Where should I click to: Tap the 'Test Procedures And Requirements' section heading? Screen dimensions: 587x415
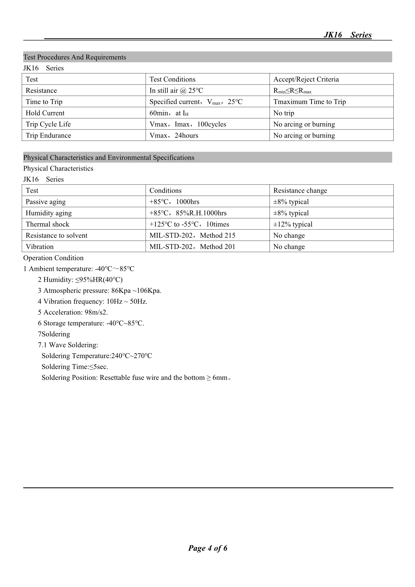tap(75, 57)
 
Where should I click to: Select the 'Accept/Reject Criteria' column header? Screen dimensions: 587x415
tap(306, 79)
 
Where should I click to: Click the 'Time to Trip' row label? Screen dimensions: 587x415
tap(44, 102)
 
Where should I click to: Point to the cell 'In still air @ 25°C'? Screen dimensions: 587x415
tap(176, 90)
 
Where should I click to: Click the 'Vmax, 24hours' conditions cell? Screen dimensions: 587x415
tap(174, 136)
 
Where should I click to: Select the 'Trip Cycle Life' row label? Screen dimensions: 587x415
tap(48, 124)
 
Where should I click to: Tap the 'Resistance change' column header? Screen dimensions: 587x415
tap(300, 191)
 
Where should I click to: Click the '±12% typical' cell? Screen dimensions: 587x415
tap(293, 224)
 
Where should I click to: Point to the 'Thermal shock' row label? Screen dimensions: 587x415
tap(47, 224)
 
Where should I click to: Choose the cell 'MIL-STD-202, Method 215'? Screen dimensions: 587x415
tap(192, 236)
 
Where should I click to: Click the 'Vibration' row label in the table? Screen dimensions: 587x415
tap(40, 247)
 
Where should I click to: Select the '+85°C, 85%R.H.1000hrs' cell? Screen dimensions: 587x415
tap(188, 213)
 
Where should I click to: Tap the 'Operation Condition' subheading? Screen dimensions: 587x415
tap(53, 258)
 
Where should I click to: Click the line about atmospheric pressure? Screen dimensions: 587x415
tap(99, 290)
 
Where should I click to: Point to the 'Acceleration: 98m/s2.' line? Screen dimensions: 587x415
tap(73, 312)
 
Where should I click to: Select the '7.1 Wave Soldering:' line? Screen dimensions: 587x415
tap(68, 345)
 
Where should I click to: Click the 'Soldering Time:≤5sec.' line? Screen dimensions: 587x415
tap(75, 367)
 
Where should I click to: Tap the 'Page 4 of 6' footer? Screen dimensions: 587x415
tap(208, 548)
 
